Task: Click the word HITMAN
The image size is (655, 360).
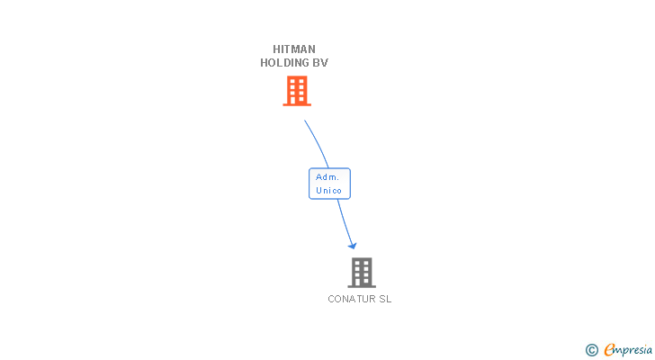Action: click(x=294, y=49)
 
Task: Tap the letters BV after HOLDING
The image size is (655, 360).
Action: click(x=319, y=63)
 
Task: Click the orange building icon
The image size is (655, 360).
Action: click(x=296, y=90)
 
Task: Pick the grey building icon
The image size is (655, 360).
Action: click(x=361, y=272)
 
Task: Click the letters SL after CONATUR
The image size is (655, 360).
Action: click(x=384, y=299)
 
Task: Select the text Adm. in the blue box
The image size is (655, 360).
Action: click(x=327, y=177)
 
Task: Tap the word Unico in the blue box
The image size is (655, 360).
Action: click(x=328, y=191)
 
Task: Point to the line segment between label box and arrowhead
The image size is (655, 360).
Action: click(x=344, y=220)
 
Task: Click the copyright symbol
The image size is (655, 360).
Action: click(x=592, y=350)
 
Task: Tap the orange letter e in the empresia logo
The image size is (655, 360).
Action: click(x=609, y=350)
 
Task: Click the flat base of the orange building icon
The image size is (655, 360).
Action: click(x=296, y=104)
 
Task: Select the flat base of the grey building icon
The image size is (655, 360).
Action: click(x=361, y=286)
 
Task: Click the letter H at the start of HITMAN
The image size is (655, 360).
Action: click(x=277, y=49)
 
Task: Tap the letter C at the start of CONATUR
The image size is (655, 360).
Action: click(x=331, y=299)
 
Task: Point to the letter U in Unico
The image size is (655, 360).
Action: click(x=319, y=191)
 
